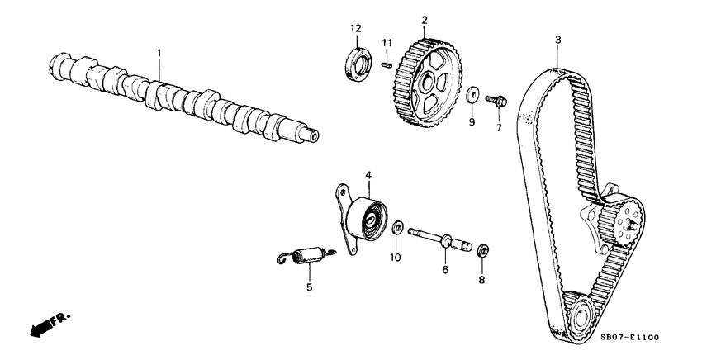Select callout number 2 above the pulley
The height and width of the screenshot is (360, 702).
(424, 19)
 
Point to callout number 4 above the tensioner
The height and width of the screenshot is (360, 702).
(368, 174)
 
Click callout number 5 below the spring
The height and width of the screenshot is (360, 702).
(310, 287)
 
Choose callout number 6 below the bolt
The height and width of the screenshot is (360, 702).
(444, 269)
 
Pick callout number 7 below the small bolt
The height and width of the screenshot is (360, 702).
(498, 128)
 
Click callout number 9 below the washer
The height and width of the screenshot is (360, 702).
(472, 122)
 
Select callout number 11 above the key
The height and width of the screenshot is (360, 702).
(386, 42)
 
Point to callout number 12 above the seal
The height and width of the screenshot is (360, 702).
(355, 30)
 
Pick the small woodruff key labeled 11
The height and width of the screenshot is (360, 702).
(387, 61)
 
